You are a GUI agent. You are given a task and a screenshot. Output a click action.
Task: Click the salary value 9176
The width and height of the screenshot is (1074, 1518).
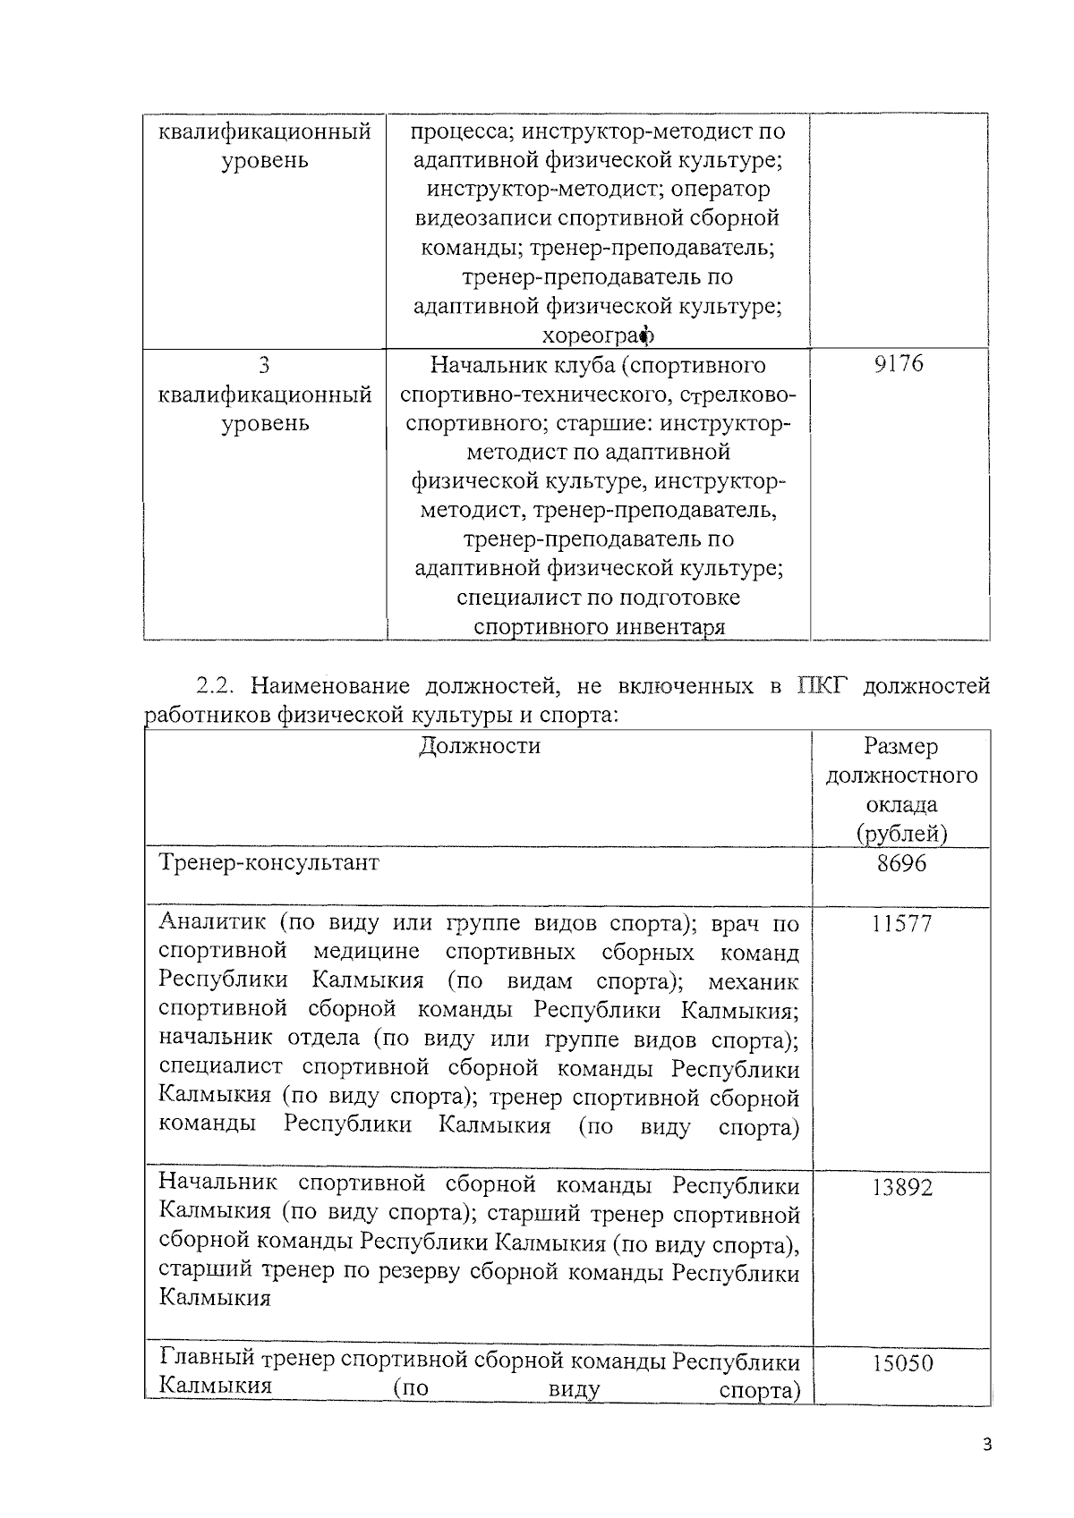[x=899, y=364]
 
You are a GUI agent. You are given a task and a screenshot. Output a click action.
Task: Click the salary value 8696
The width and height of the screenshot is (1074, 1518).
[x=901, y=864]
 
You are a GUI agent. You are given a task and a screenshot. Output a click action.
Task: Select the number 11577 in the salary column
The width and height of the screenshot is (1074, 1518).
[x=901, y=923]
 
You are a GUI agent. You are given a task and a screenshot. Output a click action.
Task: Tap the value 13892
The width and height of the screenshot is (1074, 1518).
[x=901, y=1187]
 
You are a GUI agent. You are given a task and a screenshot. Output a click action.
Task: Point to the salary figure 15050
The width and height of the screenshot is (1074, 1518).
[x=901, y=1363]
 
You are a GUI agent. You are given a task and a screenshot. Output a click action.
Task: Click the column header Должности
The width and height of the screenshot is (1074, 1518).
[x=480, y=746]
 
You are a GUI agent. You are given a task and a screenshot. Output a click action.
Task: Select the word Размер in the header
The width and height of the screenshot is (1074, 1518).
[x=901, y=746]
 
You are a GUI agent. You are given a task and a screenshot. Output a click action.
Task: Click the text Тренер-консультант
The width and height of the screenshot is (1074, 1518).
[x=268, y=863]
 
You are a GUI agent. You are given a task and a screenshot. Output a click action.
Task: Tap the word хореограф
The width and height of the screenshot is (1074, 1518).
[x=598, y=335]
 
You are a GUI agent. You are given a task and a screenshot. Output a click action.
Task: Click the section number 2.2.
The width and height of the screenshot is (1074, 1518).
[x=215, y=687]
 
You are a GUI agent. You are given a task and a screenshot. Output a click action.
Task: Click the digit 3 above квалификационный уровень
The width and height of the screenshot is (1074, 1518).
[x=264, y=364]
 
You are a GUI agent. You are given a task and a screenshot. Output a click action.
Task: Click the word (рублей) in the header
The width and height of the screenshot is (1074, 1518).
[x=901, y=834]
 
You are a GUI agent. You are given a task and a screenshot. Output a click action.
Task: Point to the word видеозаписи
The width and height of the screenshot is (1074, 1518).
[x=483, y=218]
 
